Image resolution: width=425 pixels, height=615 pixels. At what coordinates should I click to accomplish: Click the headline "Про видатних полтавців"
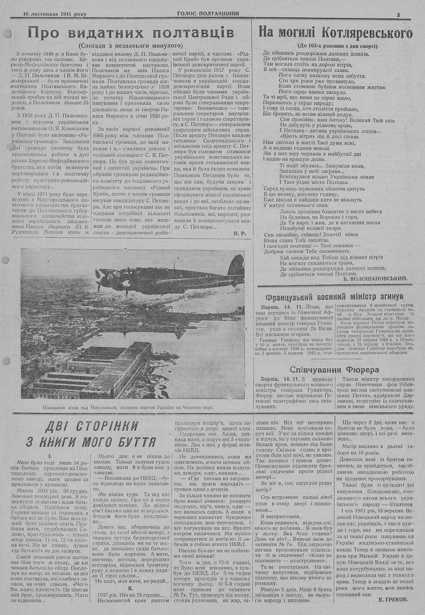(131, 33)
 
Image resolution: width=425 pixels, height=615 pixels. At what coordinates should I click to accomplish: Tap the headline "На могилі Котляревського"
(336, 33)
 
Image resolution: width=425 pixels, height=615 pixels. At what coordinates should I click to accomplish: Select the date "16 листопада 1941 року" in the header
(55, 14)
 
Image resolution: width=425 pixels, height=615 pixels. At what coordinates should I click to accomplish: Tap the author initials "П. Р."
(238, 233)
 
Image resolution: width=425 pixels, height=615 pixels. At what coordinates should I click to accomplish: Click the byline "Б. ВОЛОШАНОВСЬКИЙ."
(378, 278)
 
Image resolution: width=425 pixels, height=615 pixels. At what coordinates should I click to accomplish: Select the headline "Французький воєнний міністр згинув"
(334, 297)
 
